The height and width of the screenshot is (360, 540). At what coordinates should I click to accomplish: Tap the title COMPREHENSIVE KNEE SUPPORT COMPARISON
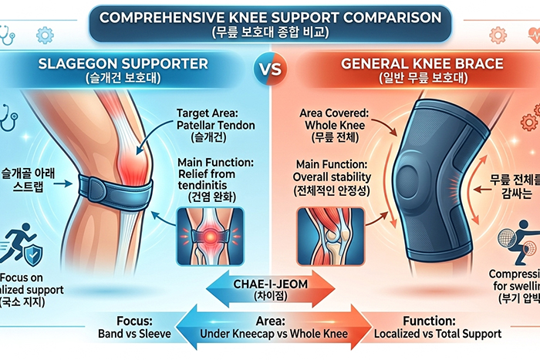click(x=269, y=15)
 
